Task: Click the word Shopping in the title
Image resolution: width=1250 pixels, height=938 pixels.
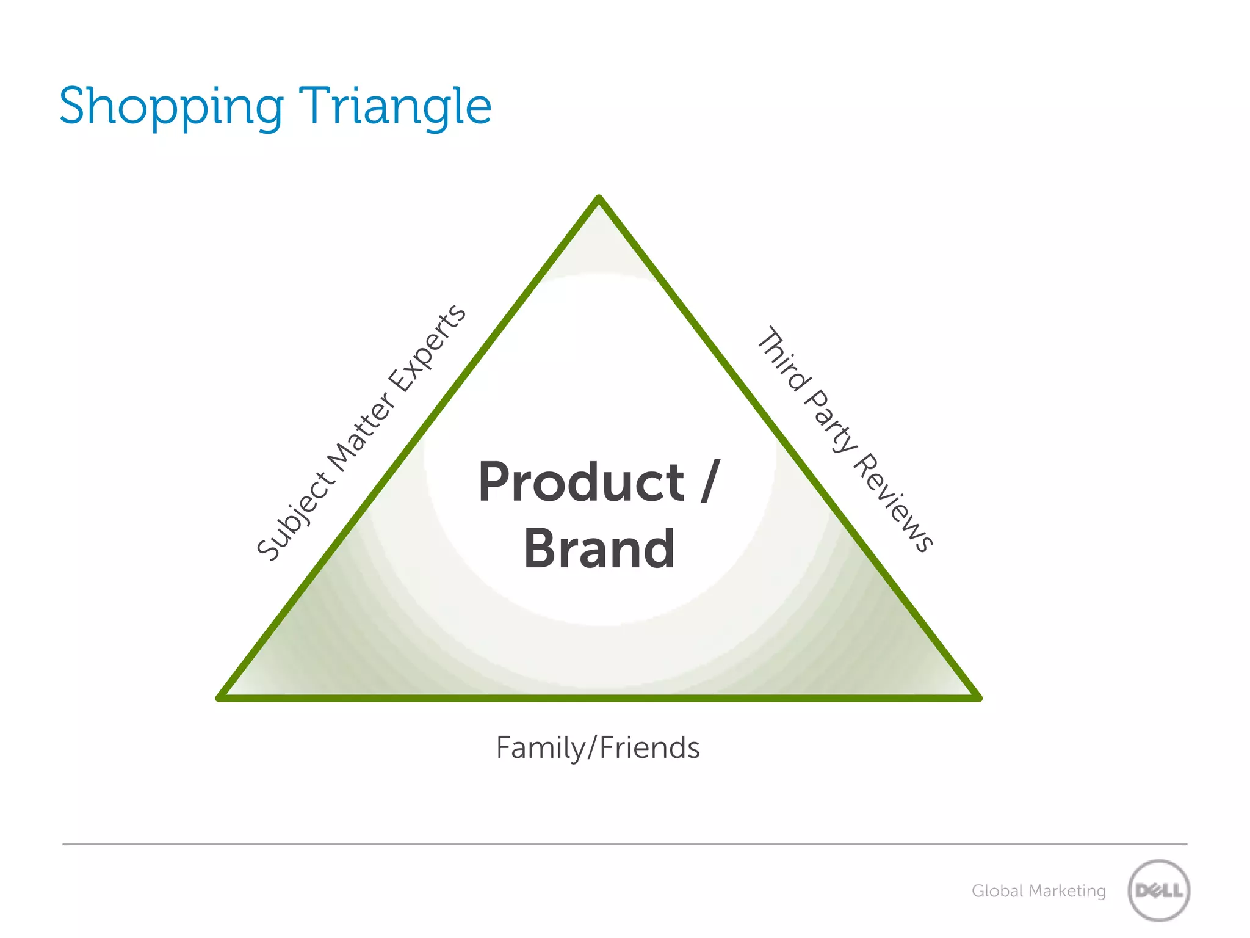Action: [171, 107]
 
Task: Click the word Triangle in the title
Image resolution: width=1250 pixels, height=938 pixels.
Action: [395, 107]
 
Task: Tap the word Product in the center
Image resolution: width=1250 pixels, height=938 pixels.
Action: [581, 482]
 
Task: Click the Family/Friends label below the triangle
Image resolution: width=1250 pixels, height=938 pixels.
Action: [598, 747]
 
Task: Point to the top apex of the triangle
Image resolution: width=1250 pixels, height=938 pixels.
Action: [599, 199]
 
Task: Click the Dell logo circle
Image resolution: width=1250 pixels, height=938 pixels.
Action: [1158, 890]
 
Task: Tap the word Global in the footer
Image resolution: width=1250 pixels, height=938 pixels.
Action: [997, 891]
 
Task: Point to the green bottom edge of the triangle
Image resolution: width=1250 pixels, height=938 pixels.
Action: [598, 697]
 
